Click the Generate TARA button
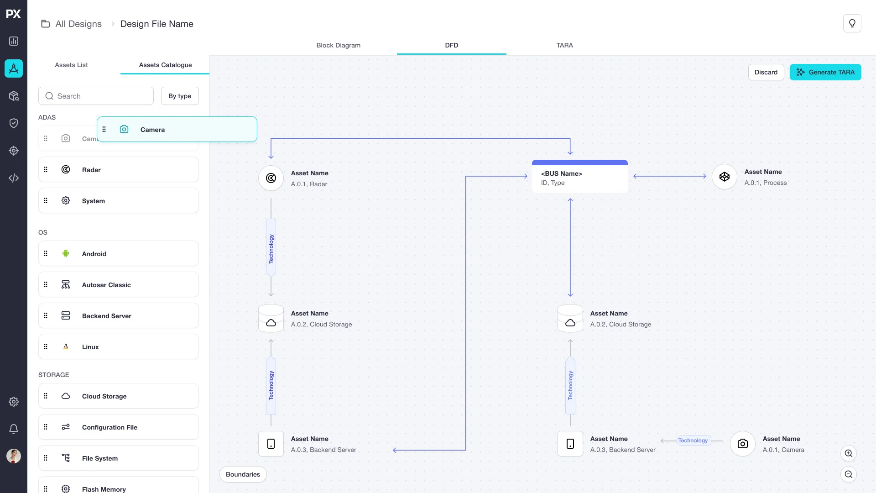[825, 72]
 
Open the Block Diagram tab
[339, 45]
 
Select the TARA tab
[565, 45]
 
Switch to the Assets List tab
[71, 65]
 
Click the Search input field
[96, 96]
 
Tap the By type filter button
[180, 96]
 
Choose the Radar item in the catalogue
[119, 169]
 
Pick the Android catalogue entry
[119, 253]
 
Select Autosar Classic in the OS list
[119, 284]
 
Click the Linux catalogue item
[119, 346]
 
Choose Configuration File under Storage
[119, 427]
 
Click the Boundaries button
[243, 474]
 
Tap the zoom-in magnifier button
[849, 453]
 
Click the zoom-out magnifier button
[849, 474]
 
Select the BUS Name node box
[580, 176]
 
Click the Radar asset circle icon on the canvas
[271, 178]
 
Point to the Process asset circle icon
[725, 177]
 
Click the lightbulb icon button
[852, 23]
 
